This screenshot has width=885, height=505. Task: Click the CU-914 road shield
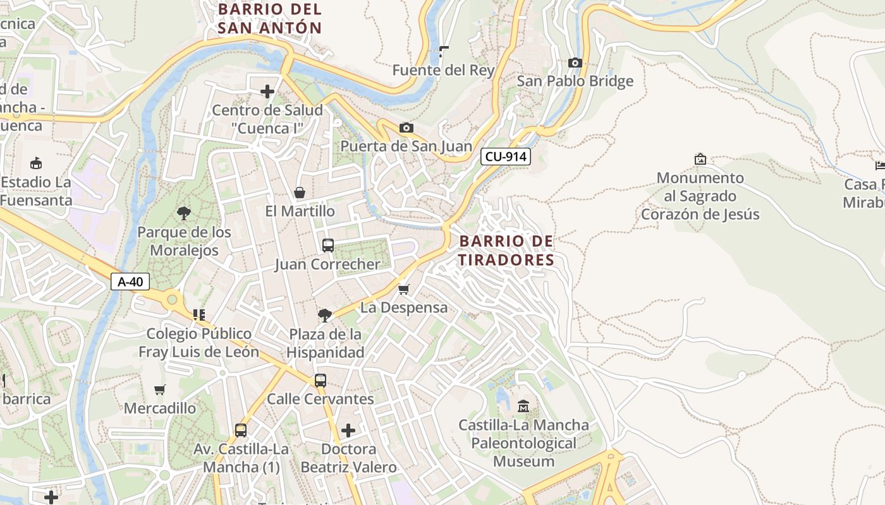point(505,157)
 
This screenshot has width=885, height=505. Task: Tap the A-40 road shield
point(130,282)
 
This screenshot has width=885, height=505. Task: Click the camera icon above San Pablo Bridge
point(575,62)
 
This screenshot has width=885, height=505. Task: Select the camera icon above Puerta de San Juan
point(406,128)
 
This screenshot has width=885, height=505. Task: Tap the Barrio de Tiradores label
point(506,250)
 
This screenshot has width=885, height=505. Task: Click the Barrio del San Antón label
point(270,18)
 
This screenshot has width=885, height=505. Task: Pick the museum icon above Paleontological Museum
point(523,406)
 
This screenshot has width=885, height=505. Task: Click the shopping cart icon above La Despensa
point(403,289)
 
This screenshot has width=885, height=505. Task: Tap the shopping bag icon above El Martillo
point(300,193)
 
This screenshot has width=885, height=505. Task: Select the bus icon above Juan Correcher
point(327,246)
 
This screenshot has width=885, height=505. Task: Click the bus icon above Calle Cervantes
point(320,380)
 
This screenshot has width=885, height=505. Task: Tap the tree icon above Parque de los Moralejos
point(184,213)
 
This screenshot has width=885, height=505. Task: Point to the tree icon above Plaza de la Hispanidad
point(325,315)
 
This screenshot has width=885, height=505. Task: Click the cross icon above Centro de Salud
point(267,92)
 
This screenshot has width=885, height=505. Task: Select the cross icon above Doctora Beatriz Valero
point(348,431)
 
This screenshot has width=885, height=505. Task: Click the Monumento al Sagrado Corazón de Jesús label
point(700,196)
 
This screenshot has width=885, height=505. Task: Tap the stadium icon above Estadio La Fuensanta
point(36,163)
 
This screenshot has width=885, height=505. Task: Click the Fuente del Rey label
point(443,70)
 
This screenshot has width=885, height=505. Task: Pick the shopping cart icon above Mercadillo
point(159,389)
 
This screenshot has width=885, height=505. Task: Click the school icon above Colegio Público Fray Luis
point(199,314)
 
